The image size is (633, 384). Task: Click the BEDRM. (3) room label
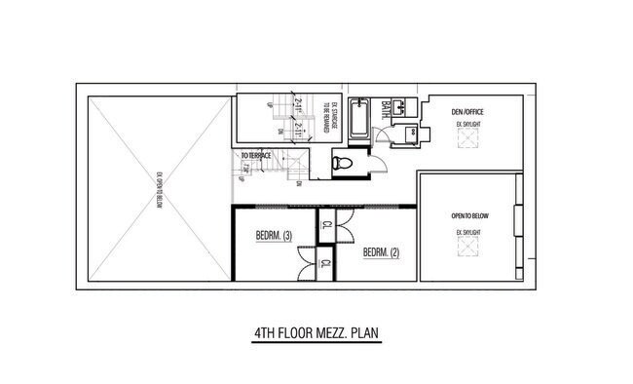click(274, 235)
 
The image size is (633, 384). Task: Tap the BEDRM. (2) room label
click(381, 253)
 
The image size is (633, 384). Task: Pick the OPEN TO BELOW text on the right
click(468, 214)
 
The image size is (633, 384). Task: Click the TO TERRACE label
click(257, 156)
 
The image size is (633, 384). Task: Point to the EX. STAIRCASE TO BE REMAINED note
click(334, 118)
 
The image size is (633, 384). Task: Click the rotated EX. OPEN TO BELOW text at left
click(156, 190)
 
